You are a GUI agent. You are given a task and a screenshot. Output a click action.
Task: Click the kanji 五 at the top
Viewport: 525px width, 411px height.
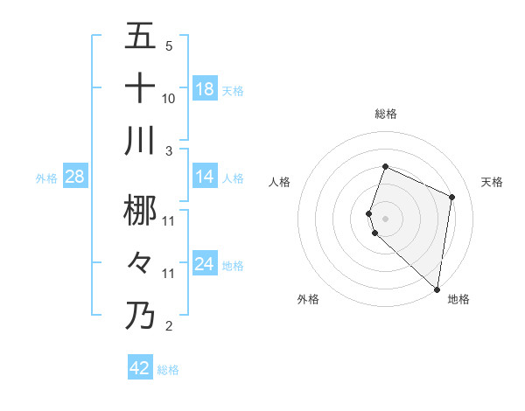[x=141, y=38]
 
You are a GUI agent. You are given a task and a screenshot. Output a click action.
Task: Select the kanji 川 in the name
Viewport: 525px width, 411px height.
[x=141, y=141]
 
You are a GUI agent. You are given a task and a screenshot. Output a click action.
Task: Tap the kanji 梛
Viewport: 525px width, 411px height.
[x=141, y=210]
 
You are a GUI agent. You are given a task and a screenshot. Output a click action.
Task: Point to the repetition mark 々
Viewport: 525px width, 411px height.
[x=141, y=263]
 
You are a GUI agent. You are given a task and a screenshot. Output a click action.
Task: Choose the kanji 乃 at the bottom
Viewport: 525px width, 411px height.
[x=141, y=315]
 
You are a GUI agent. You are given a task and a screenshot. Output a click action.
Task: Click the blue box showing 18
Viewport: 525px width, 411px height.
[x=205, y=89]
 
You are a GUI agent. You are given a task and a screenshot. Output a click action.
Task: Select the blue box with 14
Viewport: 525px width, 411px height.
[x=205, y=177]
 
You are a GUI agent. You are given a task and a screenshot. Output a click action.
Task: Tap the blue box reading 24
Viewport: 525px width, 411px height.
[x=205, y=264]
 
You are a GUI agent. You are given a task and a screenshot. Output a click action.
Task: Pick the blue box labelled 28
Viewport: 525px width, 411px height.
[x=75, y=177]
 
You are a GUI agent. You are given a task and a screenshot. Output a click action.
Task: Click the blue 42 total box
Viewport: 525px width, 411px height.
[x=140, y=368]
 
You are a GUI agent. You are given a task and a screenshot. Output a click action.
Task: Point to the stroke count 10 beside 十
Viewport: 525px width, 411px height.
[x=169, y=99]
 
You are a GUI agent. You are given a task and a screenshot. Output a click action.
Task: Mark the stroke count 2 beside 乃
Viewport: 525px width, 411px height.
[x=168, y=326]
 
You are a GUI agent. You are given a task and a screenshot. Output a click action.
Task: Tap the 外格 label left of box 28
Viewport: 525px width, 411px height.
[x=46, y=178]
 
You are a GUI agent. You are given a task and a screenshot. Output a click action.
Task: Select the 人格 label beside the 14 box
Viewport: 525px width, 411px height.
[x=233, y=178]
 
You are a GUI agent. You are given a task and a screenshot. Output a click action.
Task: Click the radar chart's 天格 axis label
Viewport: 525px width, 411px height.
[x=492, y=182]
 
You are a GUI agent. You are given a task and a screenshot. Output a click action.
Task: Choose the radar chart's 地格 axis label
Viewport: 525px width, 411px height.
[x=458, y=300]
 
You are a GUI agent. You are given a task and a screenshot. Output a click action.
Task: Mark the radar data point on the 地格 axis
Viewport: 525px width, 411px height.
[x=437, y=289]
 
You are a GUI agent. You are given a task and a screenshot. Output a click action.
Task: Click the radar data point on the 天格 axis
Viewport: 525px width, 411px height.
[x=451, y=197]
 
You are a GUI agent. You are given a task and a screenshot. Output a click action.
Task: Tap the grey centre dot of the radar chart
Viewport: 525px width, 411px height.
[x=385, y=218]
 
